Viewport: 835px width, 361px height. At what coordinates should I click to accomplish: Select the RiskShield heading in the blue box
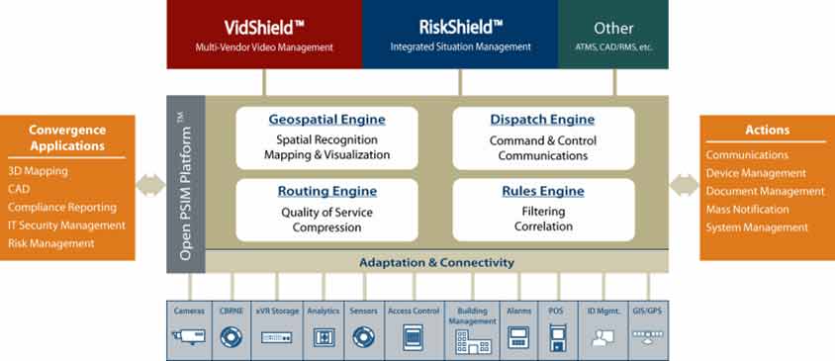pyautogui.click(x=461, y=27)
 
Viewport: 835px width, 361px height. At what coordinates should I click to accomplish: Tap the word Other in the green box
pyautogui.click(x=613, y=29)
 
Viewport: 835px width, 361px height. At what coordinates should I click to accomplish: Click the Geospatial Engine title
pyautogui.click(x=326, y=120)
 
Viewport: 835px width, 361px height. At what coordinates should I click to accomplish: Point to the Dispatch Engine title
pyautogui.click(x=542, y=120)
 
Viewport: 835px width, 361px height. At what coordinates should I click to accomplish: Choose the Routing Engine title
pyautogui.click(x=326, y=191)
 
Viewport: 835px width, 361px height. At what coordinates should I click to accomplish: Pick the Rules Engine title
pyautogui.click(x=543, y=191)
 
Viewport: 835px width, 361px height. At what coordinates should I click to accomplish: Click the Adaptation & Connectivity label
pyautogui.click(x=436, y=262)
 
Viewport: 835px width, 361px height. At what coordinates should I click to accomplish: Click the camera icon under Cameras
pyautogui.click(x=189, y=336)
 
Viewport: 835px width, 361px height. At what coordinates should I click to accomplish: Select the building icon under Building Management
pyautogui.click(x=473, y=341)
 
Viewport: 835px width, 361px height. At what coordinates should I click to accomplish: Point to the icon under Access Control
pyautogui.click(x=413, y=337)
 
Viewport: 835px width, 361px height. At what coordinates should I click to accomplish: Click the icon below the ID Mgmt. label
pyautogui.click(x=603, y=336)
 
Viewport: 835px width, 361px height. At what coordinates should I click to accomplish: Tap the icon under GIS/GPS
pyautogui.click(x=648, y=336)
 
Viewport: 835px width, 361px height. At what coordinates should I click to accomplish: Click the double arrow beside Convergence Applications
pyautogui.click(x=150, y=185)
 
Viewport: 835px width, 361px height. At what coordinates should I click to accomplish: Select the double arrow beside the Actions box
pyautogui.click(x=684, y=185)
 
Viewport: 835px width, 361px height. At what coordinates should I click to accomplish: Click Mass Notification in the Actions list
pyautogui.click(x=747, y=210)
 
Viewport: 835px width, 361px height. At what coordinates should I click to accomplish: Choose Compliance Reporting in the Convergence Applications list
pyautogui.click(x=62, y=207)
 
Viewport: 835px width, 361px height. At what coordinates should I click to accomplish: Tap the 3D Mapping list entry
pyautogui.click(x=38, y=171)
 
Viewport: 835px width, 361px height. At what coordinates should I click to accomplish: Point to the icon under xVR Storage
pyautogui.click(x=276, y=337)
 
